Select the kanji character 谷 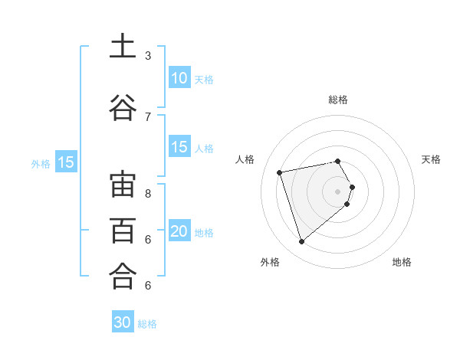123,107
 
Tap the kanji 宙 123,185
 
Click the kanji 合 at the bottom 123,275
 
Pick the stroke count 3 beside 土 148,56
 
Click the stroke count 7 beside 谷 148,116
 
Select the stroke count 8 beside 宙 148,193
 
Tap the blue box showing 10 179,78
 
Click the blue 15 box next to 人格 179,148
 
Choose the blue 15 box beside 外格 65,162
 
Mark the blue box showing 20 179,232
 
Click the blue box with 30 123,322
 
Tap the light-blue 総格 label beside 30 147,324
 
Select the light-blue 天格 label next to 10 203,79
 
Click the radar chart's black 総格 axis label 337,100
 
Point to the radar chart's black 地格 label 402,262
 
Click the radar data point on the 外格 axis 301,241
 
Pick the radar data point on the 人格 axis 280,172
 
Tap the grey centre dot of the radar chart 337,191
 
